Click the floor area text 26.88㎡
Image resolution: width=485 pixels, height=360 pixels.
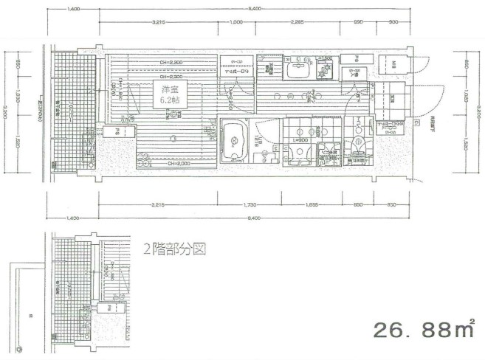[421, 328]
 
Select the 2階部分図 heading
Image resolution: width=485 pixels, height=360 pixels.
[174, 249]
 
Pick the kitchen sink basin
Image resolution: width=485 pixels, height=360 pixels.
[299, 72]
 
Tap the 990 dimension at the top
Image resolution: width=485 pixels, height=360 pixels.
[359, 22]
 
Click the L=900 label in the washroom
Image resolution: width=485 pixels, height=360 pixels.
[300, 139]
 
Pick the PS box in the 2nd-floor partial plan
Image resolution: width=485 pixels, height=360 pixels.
[110, 308]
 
